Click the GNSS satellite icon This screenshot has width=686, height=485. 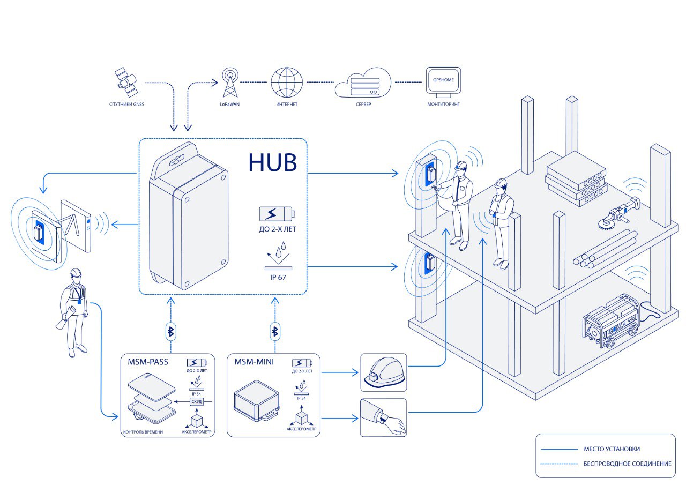click(126, 80)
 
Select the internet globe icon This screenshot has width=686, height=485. click(287, 81)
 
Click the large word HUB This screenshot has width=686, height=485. click(272, 162)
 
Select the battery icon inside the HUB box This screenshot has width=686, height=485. click(277, 214)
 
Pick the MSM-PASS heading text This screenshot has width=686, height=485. click(148, 362)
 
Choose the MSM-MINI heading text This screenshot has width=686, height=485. click(254, 362)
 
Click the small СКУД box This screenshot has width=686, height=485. click(197, 401)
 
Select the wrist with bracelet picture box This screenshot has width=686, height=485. click(383, 417)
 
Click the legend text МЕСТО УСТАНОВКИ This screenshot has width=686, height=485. click(612, 449)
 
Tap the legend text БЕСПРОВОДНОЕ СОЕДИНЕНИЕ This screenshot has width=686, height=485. click(627, 464)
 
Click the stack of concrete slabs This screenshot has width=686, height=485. click(576, 180)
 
